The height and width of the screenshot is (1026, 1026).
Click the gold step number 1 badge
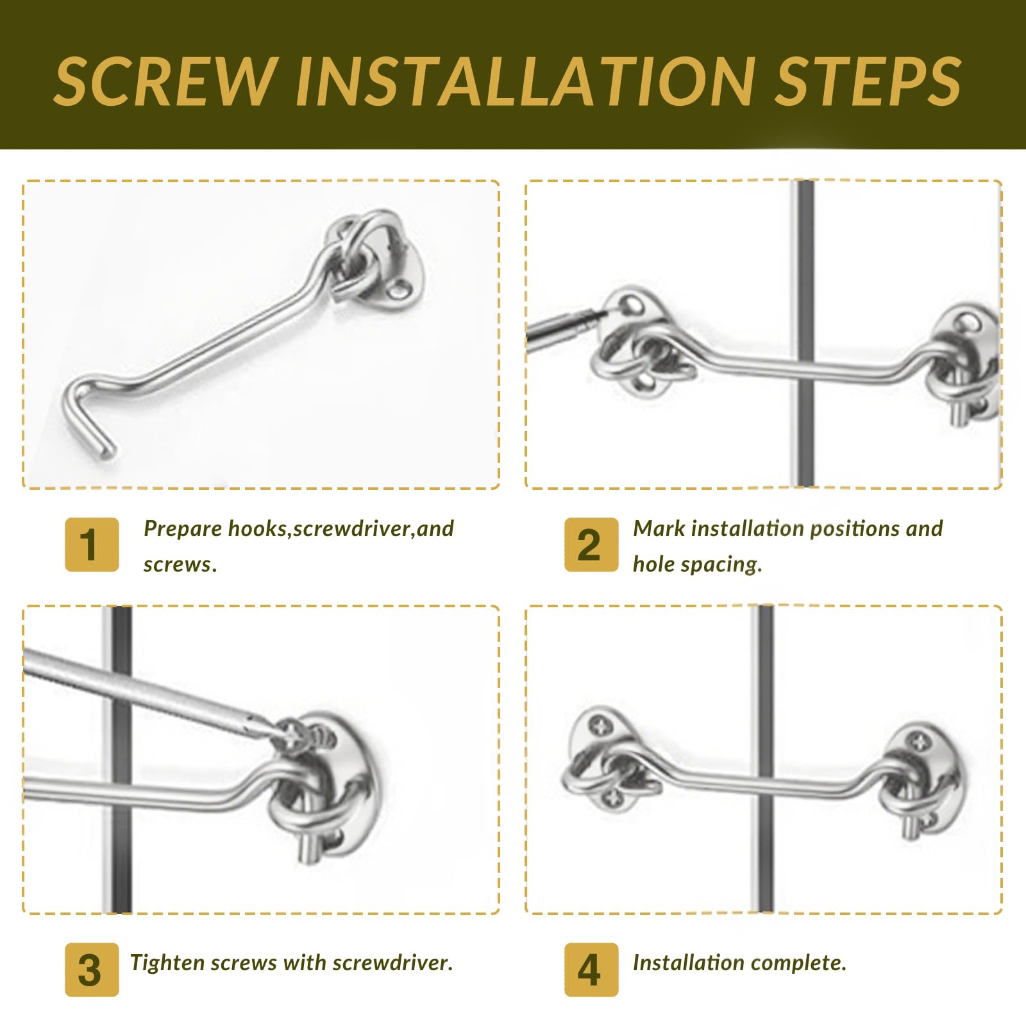pos(92,544)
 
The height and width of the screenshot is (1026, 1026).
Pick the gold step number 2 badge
pos(591,544)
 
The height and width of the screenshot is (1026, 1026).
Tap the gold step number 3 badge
pos(92,970)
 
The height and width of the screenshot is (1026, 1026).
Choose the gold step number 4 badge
pos(591,970)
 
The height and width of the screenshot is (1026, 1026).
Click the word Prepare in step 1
pos(183,530)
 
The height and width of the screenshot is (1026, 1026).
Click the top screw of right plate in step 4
pos(919,743)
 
